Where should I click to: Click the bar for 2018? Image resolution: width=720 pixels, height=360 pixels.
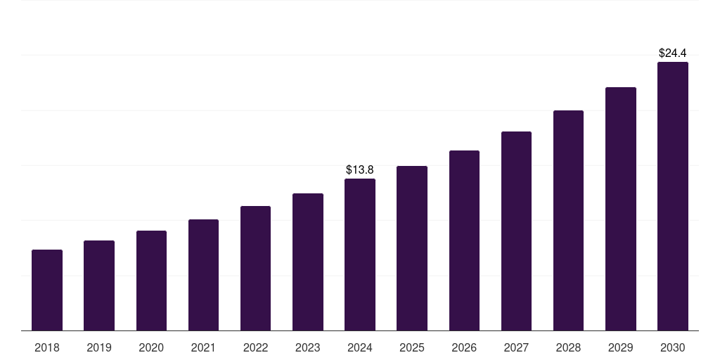click(47, 290)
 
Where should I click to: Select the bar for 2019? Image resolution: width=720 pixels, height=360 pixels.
click(99, 285)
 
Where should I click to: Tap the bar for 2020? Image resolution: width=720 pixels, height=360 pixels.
click(151, 281)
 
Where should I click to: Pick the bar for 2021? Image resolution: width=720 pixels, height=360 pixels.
click(203, 275)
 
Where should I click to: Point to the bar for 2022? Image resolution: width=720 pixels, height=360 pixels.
click(255, 269)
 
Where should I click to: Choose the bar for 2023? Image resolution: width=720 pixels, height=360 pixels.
click(308, 262)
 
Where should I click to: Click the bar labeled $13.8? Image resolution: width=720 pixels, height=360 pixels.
click(360, 255)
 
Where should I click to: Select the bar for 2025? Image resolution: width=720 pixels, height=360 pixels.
click(412, 248)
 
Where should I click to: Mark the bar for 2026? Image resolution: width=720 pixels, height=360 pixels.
click(464, 240)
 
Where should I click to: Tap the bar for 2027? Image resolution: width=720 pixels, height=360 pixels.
click(516, 231)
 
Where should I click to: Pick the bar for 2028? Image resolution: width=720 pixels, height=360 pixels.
click(568, 221)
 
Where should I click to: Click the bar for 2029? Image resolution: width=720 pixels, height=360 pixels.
click(621, 209)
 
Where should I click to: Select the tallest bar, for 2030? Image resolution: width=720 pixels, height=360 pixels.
click(673, 196)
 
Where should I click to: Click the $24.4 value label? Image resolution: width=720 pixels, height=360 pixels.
click(673, 53)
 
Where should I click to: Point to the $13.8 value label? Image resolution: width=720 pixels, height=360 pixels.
click(360, 169)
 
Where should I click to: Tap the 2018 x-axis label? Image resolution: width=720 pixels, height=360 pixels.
click(47, 347)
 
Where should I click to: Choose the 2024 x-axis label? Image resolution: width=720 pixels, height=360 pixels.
click(360, 347)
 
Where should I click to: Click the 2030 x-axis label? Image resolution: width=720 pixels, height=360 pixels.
click(673, 347)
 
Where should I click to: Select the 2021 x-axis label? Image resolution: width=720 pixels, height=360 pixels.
click(203, 347)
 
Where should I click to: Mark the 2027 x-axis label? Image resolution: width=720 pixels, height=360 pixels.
click(516, 347)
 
